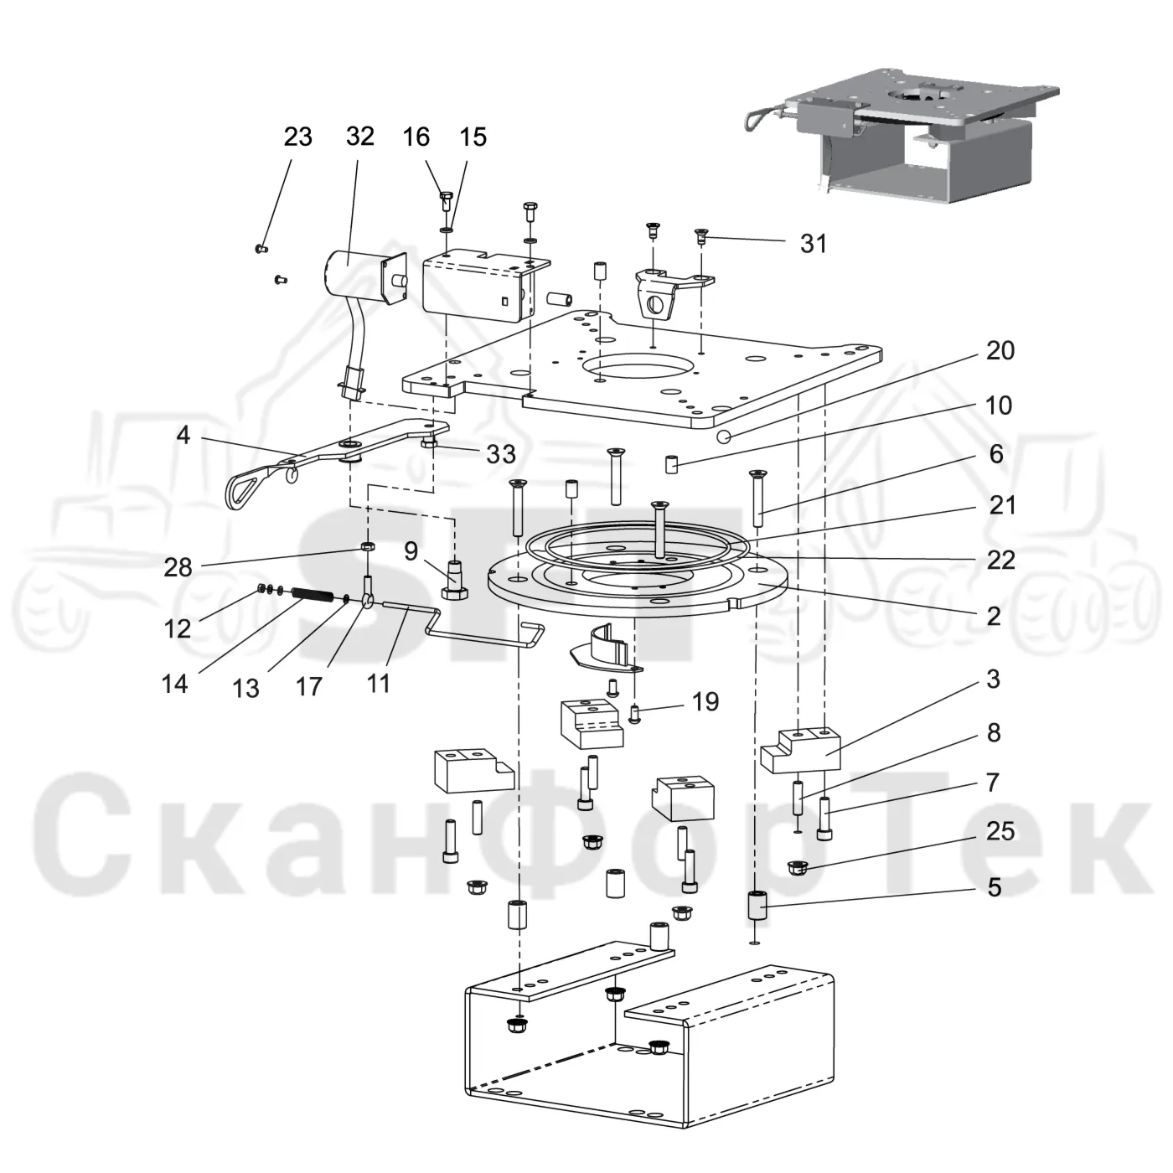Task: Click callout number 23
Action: coord(297,137)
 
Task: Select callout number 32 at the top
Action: coord(359,137)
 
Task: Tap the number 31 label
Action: coord(814,244)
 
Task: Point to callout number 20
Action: coord(1000,350)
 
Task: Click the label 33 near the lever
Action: coord(501,454)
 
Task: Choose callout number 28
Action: coord(178,567)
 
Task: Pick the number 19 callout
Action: coord(705,702)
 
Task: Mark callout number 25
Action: coord(1000,831)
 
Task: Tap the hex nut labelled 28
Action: coord(367,545)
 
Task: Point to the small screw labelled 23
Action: coord(261,248)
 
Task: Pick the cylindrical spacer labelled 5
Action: coord(757,906)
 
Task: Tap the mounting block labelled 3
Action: coord(800,751)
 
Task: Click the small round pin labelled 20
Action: coord(723,437)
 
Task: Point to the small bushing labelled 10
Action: coord(670,465)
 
